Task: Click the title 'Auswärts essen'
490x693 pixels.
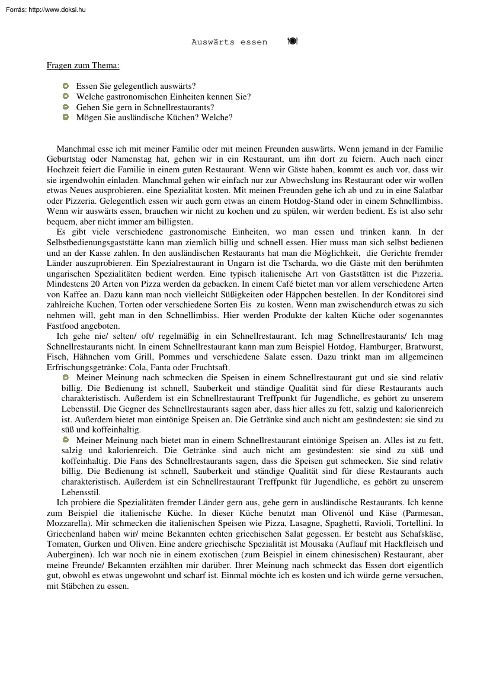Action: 229,42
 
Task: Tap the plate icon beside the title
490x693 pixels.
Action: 292,41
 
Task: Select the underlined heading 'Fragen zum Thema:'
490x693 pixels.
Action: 83,66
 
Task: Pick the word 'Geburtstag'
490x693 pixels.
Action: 66,159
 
